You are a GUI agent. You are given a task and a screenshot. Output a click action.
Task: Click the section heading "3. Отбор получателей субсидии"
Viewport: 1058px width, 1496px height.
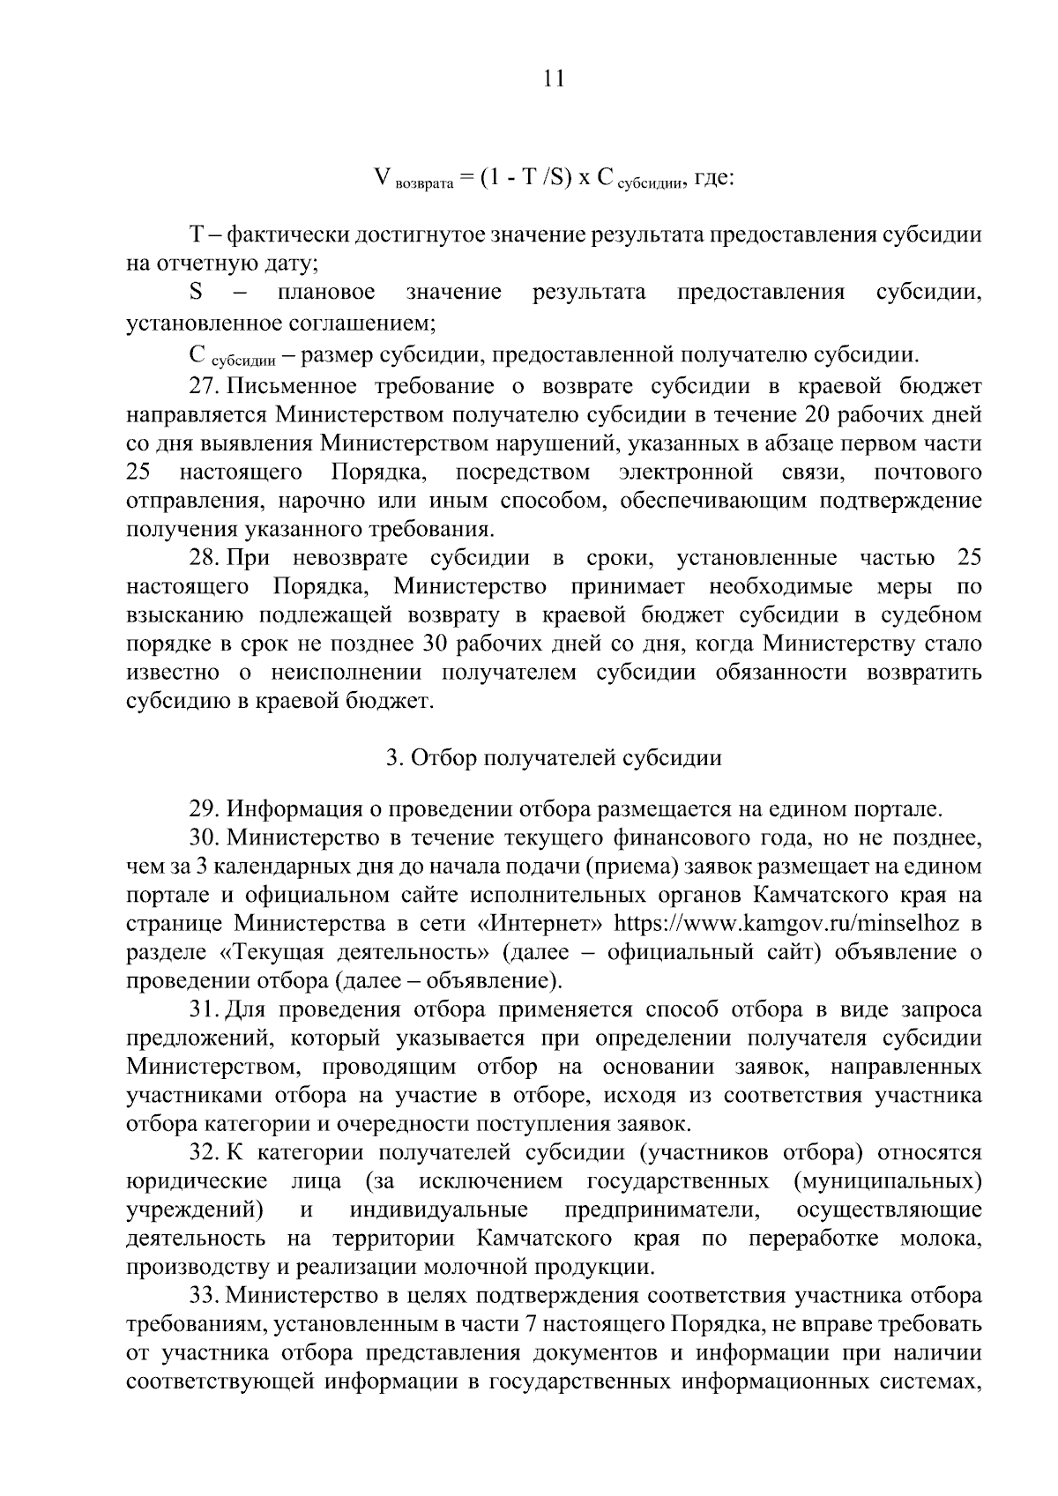click(x=554, y=758)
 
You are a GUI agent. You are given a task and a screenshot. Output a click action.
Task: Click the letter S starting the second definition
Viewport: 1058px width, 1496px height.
click(x=197, y=292)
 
